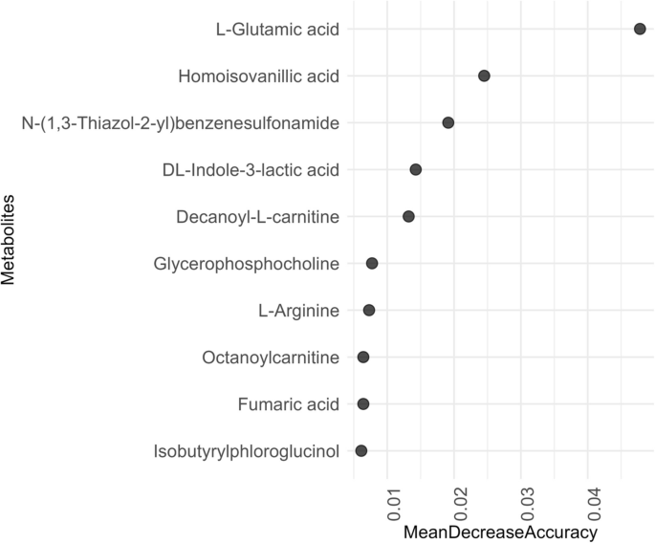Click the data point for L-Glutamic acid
pos(640,30)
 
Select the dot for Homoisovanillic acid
pos(484,76)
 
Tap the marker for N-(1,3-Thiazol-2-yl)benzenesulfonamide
pos(448,122)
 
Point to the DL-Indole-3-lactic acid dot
pos(416,169)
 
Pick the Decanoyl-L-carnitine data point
pos(408,216)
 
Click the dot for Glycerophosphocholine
pos(372,263)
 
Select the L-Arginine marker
pos(369,310)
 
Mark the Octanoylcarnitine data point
pos(363,357)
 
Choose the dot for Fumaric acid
pos(363,403)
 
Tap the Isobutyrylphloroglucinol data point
pos(360,450)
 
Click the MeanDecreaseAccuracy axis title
pos(501,532)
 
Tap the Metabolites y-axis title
pos(11,240)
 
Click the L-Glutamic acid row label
pos(277,30)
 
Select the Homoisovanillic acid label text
pos(259,76)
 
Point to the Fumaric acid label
pos(289,403)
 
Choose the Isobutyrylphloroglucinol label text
pos(246,450)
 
